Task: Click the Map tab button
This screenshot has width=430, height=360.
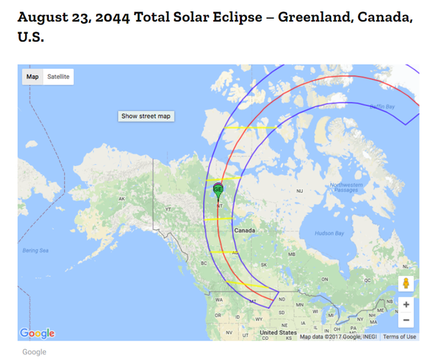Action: coord(32,77)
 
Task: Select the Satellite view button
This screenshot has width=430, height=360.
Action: coord(59,77)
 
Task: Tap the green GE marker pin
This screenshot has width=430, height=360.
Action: coord(218,190)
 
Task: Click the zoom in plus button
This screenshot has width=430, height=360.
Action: coord(406,304)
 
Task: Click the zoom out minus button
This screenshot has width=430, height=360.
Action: coord(406,320)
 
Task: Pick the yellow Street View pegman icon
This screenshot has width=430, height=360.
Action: coord(406,283)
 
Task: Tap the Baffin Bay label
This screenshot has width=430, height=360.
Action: coord(382,107)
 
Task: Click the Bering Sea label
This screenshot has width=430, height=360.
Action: coord(34,250)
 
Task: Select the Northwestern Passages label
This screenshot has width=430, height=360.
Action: coord(346,187)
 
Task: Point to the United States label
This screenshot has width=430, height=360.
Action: coord(278,333)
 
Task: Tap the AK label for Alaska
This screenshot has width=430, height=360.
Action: coord(122,199)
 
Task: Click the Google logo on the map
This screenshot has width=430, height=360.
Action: coord(37,333)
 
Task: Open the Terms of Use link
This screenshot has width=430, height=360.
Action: coord(399,336)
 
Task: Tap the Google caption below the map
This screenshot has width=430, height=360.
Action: coord(34,351)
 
